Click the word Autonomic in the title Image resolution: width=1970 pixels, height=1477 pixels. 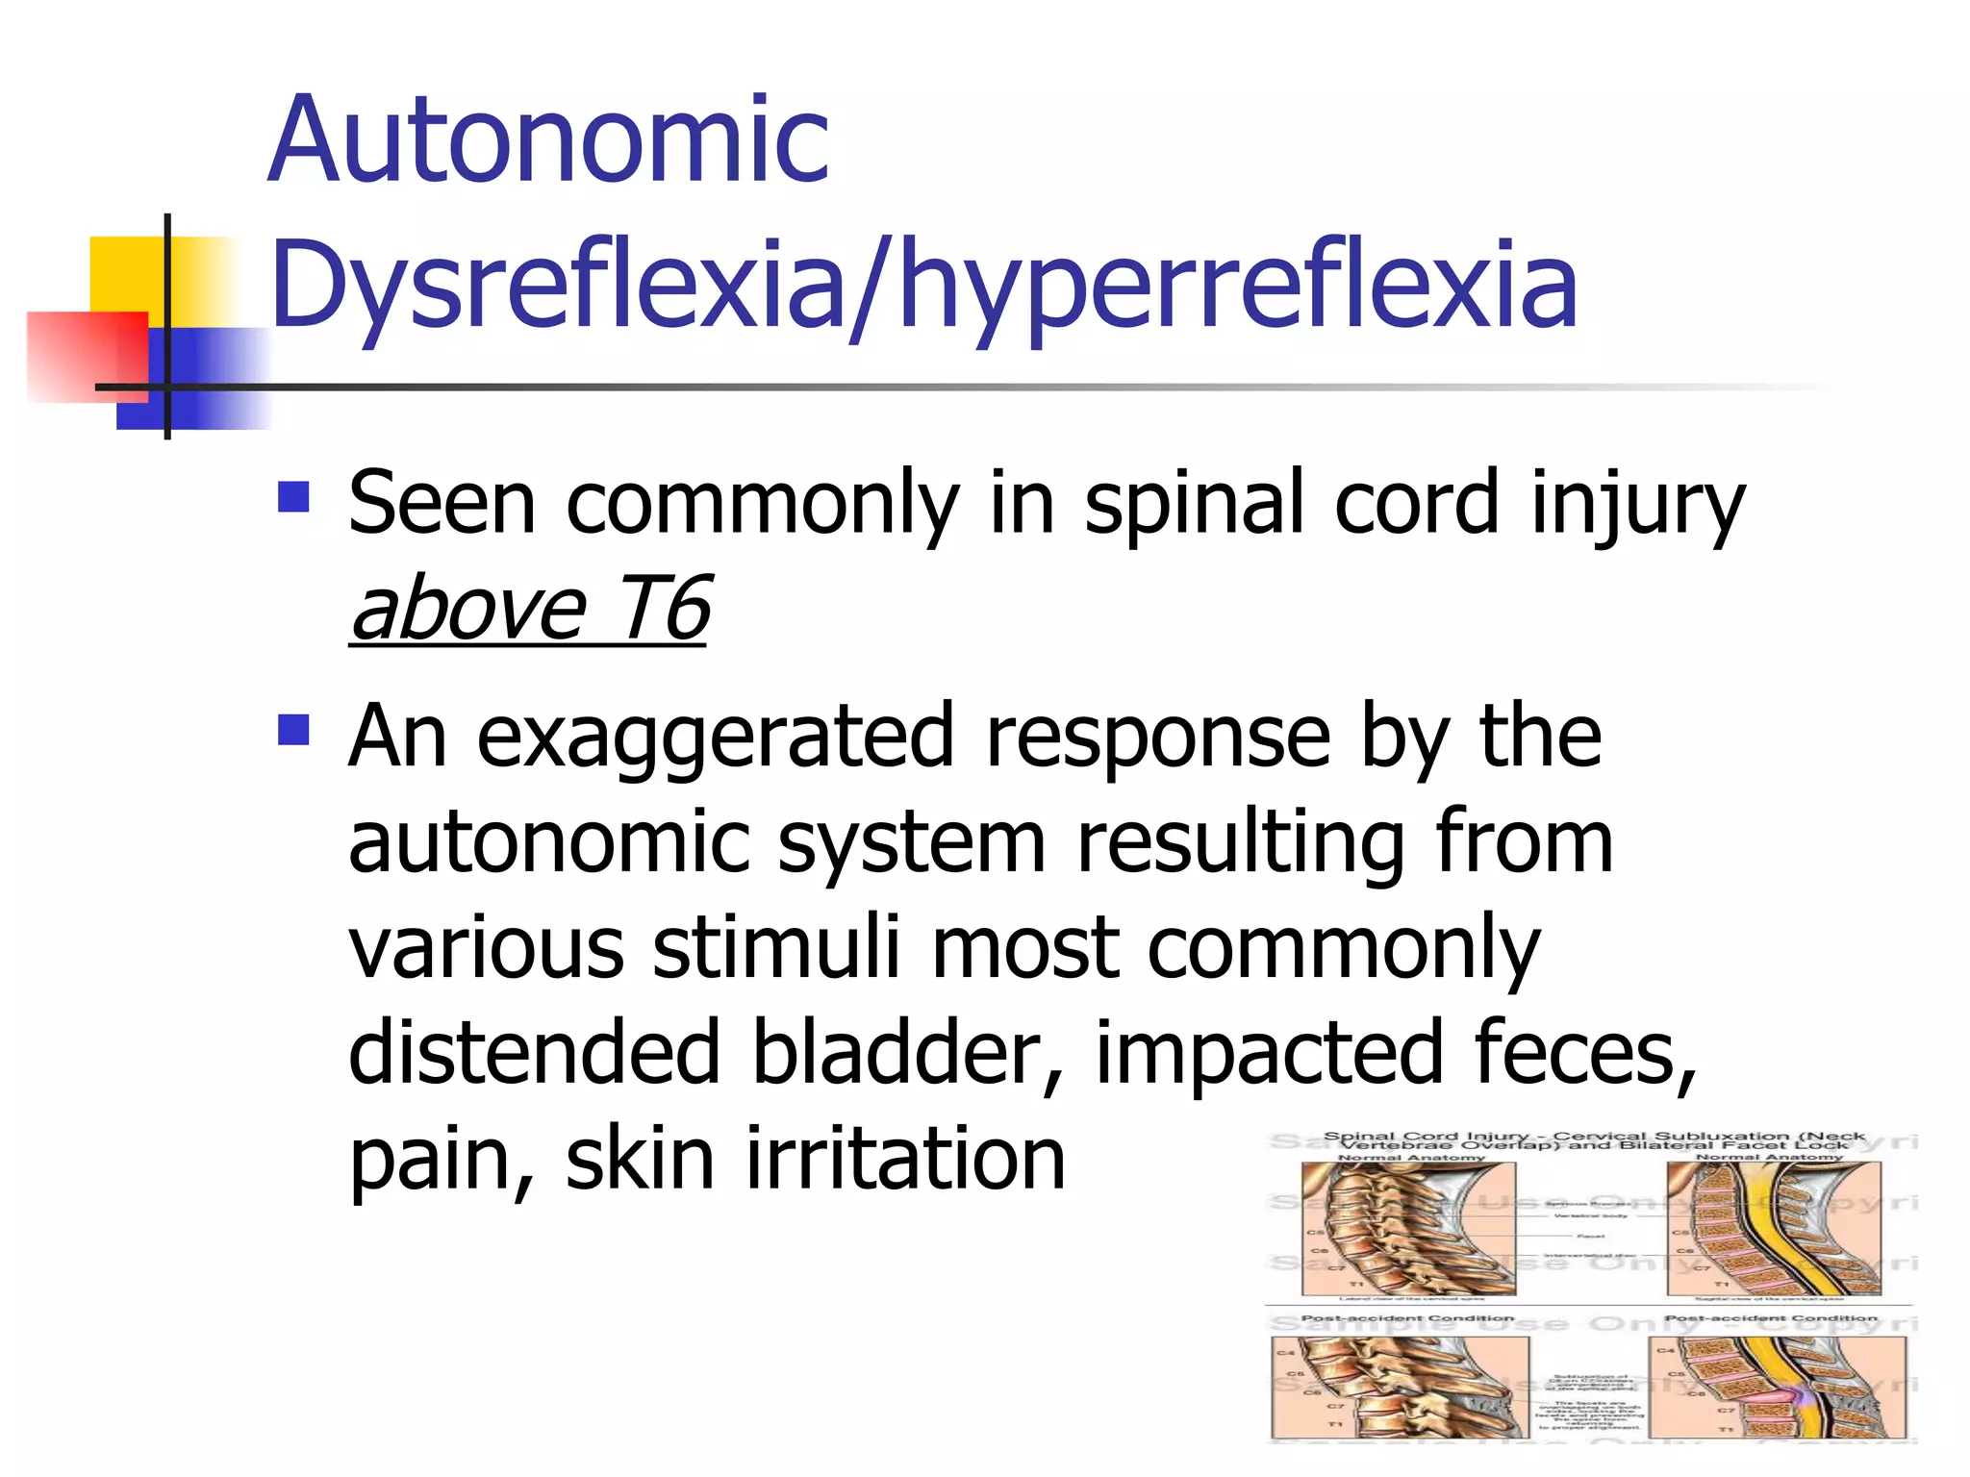[548, 141]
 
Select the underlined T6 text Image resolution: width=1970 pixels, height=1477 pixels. [663, 608]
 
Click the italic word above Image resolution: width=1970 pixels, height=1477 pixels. [468, 608]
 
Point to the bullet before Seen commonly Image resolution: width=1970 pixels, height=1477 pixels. [293, 497]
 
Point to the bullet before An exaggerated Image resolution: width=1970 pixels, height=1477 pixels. [293, 730]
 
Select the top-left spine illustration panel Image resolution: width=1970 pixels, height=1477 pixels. [1408, 1229]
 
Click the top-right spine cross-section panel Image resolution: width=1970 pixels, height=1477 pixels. [1772, 1229]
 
